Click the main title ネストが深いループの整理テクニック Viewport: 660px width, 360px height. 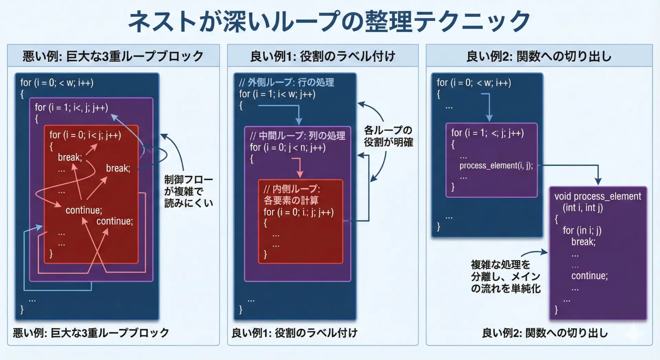329,21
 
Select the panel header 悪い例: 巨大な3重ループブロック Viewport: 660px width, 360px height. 113,56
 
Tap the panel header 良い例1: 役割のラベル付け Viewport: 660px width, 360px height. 322,56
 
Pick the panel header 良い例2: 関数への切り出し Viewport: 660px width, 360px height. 539,56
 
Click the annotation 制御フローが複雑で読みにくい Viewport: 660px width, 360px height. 188,191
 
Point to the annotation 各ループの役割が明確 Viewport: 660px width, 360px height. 388,136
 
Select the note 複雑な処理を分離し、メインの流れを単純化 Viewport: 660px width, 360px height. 505,276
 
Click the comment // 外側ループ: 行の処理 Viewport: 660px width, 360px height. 286,82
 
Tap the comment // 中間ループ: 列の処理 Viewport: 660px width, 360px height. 297,136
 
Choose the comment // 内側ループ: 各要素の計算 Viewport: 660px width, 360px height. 291,195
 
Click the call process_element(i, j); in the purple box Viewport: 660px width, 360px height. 496,165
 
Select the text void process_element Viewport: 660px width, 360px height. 597,196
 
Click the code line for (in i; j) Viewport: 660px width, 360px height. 582,230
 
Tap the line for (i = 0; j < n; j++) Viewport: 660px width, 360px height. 287,148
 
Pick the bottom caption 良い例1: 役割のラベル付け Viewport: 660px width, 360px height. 294,333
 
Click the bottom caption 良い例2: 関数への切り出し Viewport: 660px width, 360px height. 544,333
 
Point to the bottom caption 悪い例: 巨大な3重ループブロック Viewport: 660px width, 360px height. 91,333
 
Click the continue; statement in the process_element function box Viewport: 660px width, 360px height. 589,276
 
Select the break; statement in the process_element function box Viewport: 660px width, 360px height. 583,242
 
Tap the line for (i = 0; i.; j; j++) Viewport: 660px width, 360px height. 298,212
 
